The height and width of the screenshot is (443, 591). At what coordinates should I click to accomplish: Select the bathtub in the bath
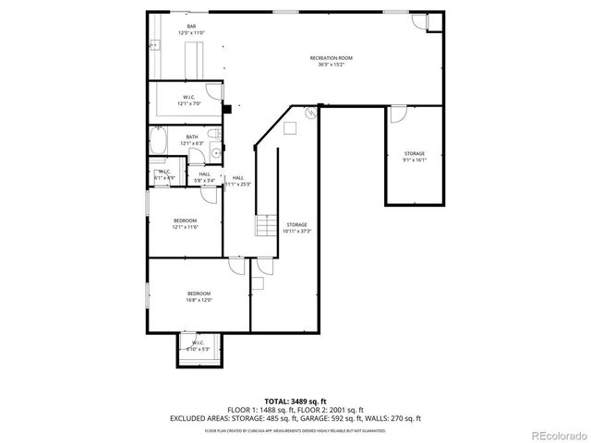[159, 142]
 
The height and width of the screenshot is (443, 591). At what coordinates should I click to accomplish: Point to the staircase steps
[266, 226]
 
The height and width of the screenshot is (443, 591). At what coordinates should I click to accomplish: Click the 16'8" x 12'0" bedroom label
[199, 296]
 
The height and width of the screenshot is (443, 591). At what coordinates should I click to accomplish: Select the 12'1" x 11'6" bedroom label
[186, 222]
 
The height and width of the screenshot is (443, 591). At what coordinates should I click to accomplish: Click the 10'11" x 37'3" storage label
[296, 227]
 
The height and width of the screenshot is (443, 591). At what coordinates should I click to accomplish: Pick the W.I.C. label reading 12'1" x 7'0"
[188, 100]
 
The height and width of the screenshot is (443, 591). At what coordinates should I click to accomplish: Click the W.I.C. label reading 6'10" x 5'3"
[199, 347]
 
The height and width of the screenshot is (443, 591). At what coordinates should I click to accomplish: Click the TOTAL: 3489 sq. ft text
[295, 401]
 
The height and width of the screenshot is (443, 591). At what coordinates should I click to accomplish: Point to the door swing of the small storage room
[398, 114]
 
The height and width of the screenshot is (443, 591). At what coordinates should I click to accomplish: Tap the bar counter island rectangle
[197, 60]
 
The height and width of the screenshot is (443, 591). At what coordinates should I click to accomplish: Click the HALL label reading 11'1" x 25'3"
[238, 180]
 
